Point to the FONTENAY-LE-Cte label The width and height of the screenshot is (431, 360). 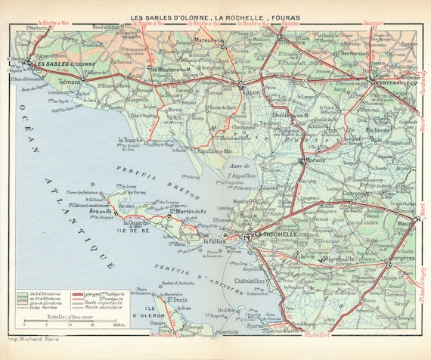(393, 76)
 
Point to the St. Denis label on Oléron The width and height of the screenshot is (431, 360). (177, 300)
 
